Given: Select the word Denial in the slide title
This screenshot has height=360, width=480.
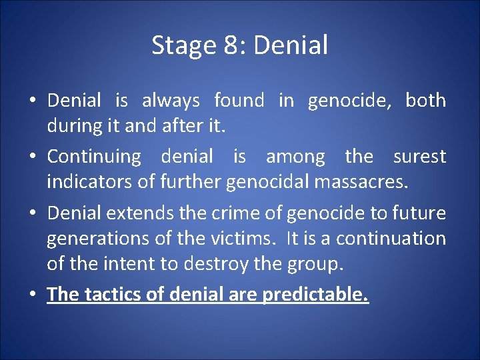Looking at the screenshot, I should (x=291, y=46).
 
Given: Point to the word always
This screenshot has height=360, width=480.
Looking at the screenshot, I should (x=171, y=101).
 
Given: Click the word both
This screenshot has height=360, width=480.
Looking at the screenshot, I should (x=425, y=101).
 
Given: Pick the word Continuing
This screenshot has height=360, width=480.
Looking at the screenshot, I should (x=94, y=157).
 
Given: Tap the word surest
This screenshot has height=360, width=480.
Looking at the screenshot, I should (x=419, y=157).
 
